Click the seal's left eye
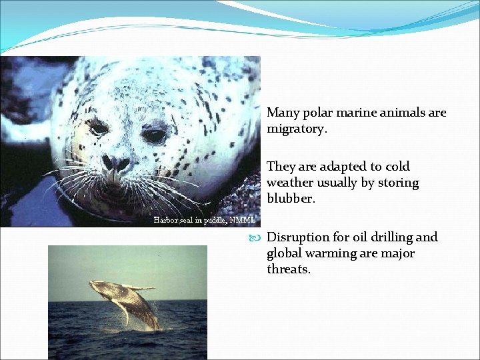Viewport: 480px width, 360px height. coord(99,128)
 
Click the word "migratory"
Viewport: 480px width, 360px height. coord(296,129)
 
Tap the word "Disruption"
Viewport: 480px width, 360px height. coord(298,237)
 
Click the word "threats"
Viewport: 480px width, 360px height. coord(288,269)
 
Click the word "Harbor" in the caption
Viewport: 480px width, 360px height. coord(166,219)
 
